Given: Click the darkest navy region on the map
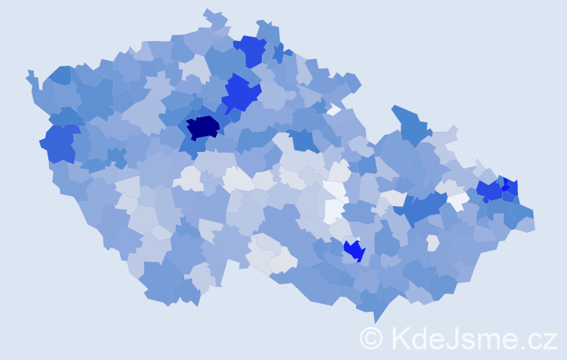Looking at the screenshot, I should pos(202,127).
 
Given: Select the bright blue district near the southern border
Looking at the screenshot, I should pos(353,250).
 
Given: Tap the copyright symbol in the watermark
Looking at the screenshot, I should pos(371,338).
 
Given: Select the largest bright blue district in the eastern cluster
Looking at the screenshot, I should pos(489,191).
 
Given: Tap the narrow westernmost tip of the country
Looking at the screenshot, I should pos(30,75).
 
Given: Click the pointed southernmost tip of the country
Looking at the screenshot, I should pos(375,318).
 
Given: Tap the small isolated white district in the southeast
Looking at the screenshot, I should pos(432,243).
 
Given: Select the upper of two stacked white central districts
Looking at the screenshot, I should pos(335,190).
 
